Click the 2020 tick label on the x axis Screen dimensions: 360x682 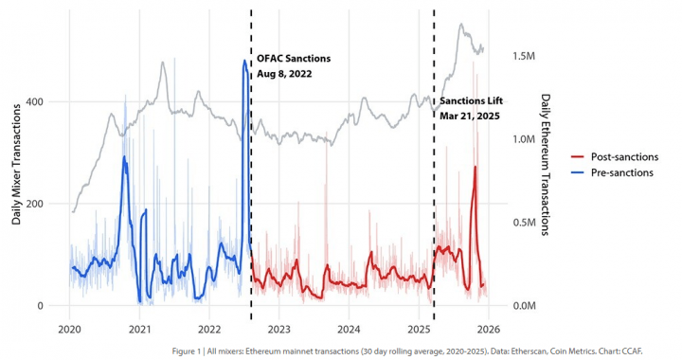tap(69, 330)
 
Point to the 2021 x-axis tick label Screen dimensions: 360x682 tap(139, 330)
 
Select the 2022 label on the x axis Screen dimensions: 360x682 tap(209, 330)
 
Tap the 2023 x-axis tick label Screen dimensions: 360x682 tap(279, 330)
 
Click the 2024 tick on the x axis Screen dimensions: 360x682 tap(349, 330)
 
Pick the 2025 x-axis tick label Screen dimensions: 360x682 tap(419, 330)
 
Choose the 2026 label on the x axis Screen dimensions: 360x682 tap(489, 330)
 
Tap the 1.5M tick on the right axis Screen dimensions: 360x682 tap(527, 57)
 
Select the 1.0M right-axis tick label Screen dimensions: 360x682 tap(527, 139)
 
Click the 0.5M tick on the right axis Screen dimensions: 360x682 tap(527, 223)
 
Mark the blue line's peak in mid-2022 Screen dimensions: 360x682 tap(244, 62)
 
